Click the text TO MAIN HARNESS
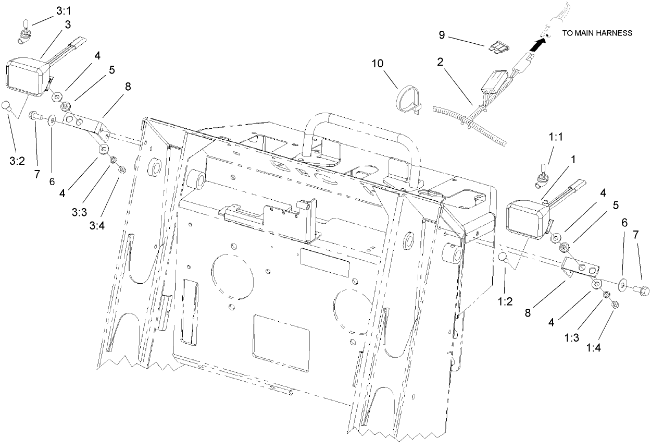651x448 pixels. click(597, 33)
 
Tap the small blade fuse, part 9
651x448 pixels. click(497, 49)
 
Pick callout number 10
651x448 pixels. click(377, 64)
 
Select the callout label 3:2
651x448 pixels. click(17, 161)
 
